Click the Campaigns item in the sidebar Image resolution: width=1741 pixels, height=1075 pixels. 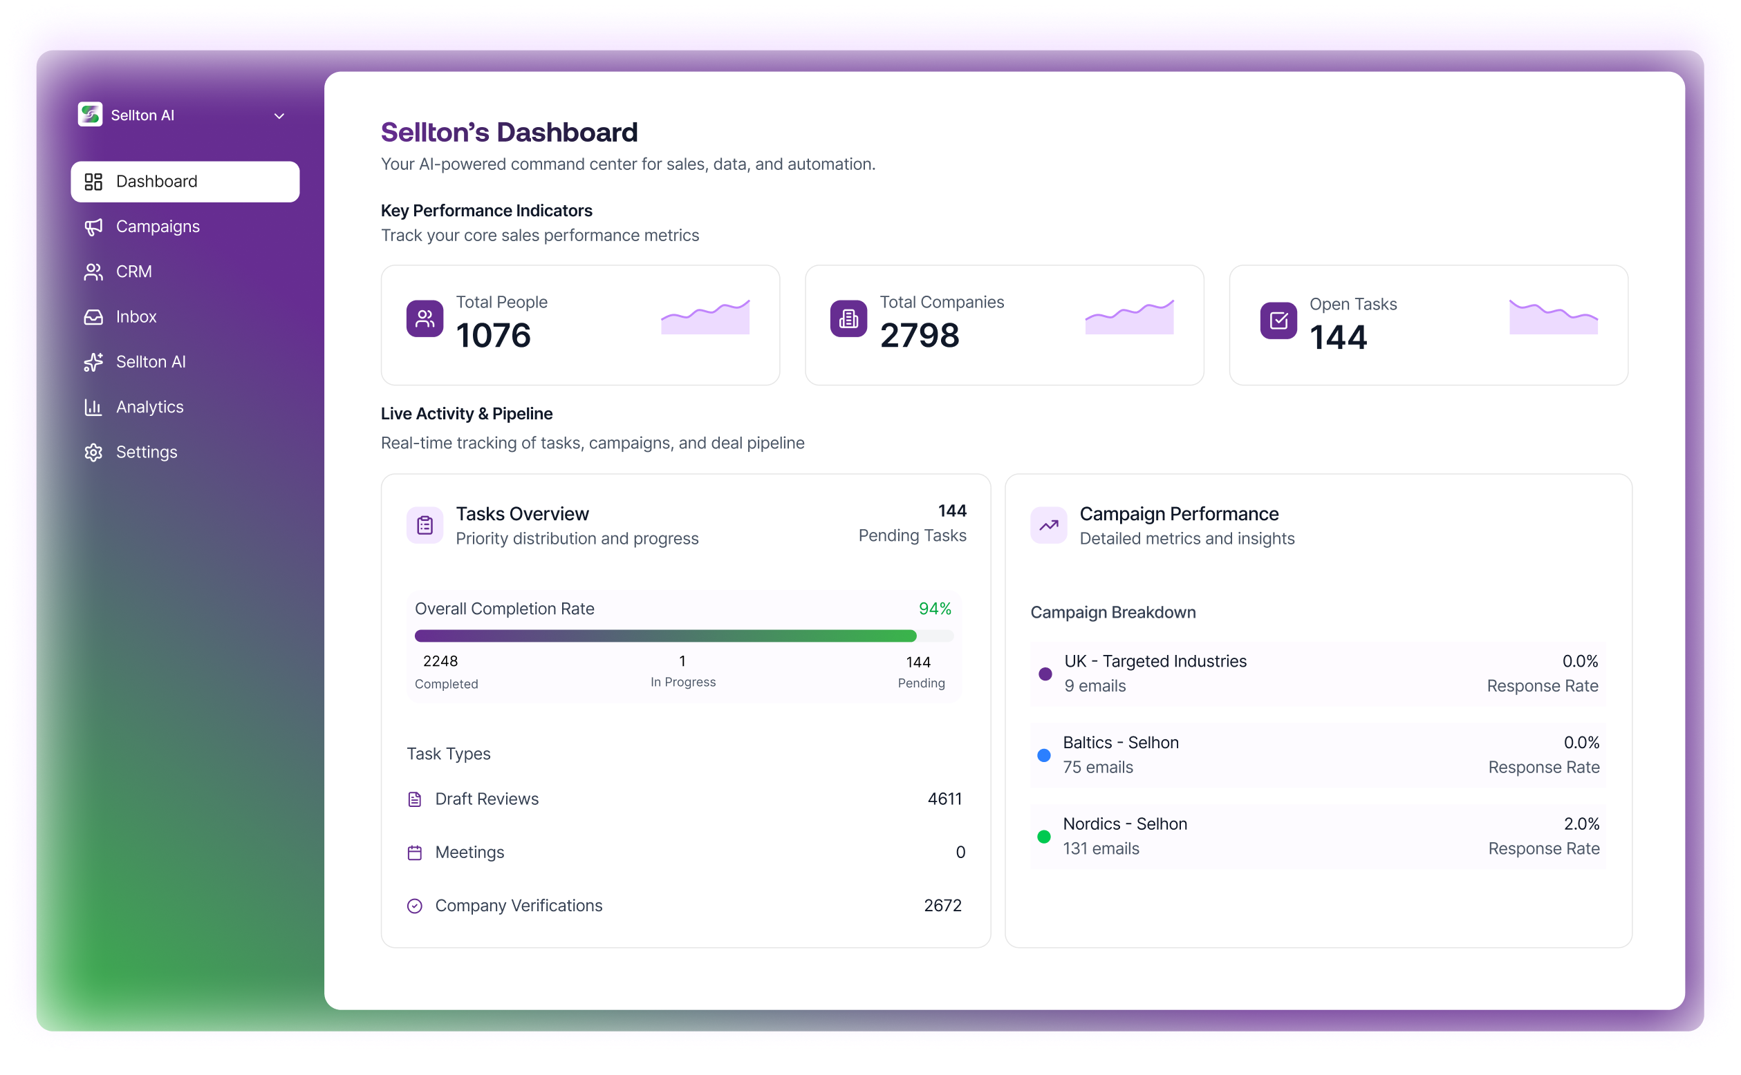(157, 227)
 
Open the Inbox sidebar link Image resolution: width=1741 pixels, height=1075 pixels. (136, 317)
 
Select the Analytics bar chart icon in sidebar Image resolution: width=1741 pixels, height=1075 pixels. (93, 408)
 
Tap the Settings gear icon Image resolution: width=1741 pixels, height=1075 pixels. (93, 453)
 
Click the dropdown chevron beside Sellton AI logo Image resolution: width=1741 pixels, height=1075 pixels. (279, 116)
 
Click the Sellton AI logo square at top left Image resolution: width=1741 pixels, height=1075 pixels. (91, 115)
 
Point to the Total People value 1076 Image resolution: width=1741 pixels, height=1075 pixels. (493, 336)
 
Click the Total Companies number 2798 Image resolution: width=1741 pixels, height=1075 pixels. (919, 336)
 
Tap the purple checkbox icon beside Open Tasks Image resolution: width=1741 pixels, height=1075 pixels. (1278, 321)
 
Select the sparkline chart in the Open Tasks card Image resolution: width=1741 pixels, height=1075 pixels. (1553, 317)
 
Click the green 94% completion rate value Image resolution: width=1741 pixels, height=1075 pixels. (934, 609)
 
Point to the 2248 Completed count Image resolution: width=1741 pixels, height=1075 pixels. (440, 661)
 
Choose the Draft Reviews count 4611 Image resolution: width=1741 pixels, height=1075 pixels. (944, 799)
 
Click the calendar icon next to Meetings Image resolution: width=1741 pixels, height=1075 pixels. (415, 853)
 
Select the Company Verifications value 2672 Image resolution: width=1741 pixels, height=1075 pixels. (942, 906)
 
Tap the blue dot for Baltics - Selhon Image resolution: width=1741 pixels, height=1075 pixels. (1044, 756)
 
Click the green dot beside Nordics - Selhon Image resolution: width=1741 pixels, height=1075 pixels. (1044, 837)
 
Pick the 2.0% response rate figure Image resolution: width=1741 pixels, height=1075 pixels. (1581, 824)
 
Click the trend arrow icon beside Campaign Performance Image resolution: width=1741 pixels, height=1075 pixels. (1048, 526)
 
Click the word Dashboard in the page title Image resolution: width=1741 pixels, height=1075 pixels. (566, 133)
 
